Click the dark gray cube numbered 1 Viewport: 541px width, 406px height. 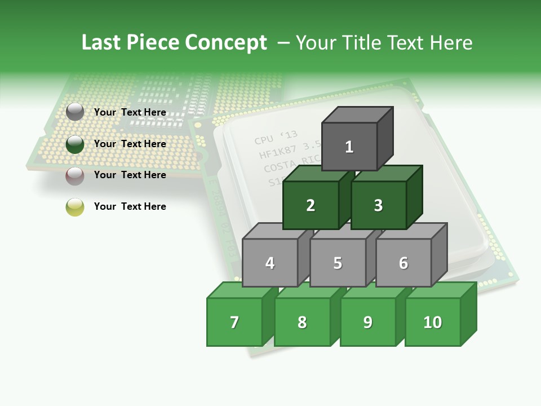tap(349, 147)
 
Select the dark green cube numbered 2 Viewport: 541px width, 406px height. tap(311, 205)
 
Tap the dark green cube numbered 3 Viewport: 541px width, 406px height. tap(378, 205)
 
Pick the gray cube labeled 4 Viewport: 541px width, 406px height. tap(270, 263)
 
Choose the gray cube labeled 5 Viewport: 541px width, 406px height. tap(338, 263)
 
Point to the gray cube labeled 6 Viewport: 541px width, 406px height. tap(403, 263)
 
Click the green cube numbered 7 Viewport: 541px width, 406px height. tap(234, 322)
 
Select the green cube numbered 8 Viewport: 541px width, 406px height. tap(302, 322)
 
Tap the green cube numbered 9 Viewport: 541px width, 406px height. tap(367, 322)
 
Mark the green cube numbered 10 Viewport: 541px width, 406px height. tap(432, 322)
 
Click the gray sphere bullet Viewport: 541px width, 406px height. tap(75, 112)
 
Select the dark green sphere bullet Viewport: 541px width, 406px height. tap(75, 144)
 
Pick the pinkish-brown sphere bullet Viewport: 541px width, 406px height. tap(75, 176)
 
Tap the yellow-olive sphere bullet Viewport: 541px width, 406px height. tap(75, 207)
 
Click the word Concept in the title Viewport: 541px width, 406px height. tap(226, 43)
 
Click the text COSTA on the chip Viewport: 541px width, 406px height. tap(280, 167)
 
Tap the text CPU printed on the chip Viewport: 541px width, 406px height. tap(263, 140)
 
